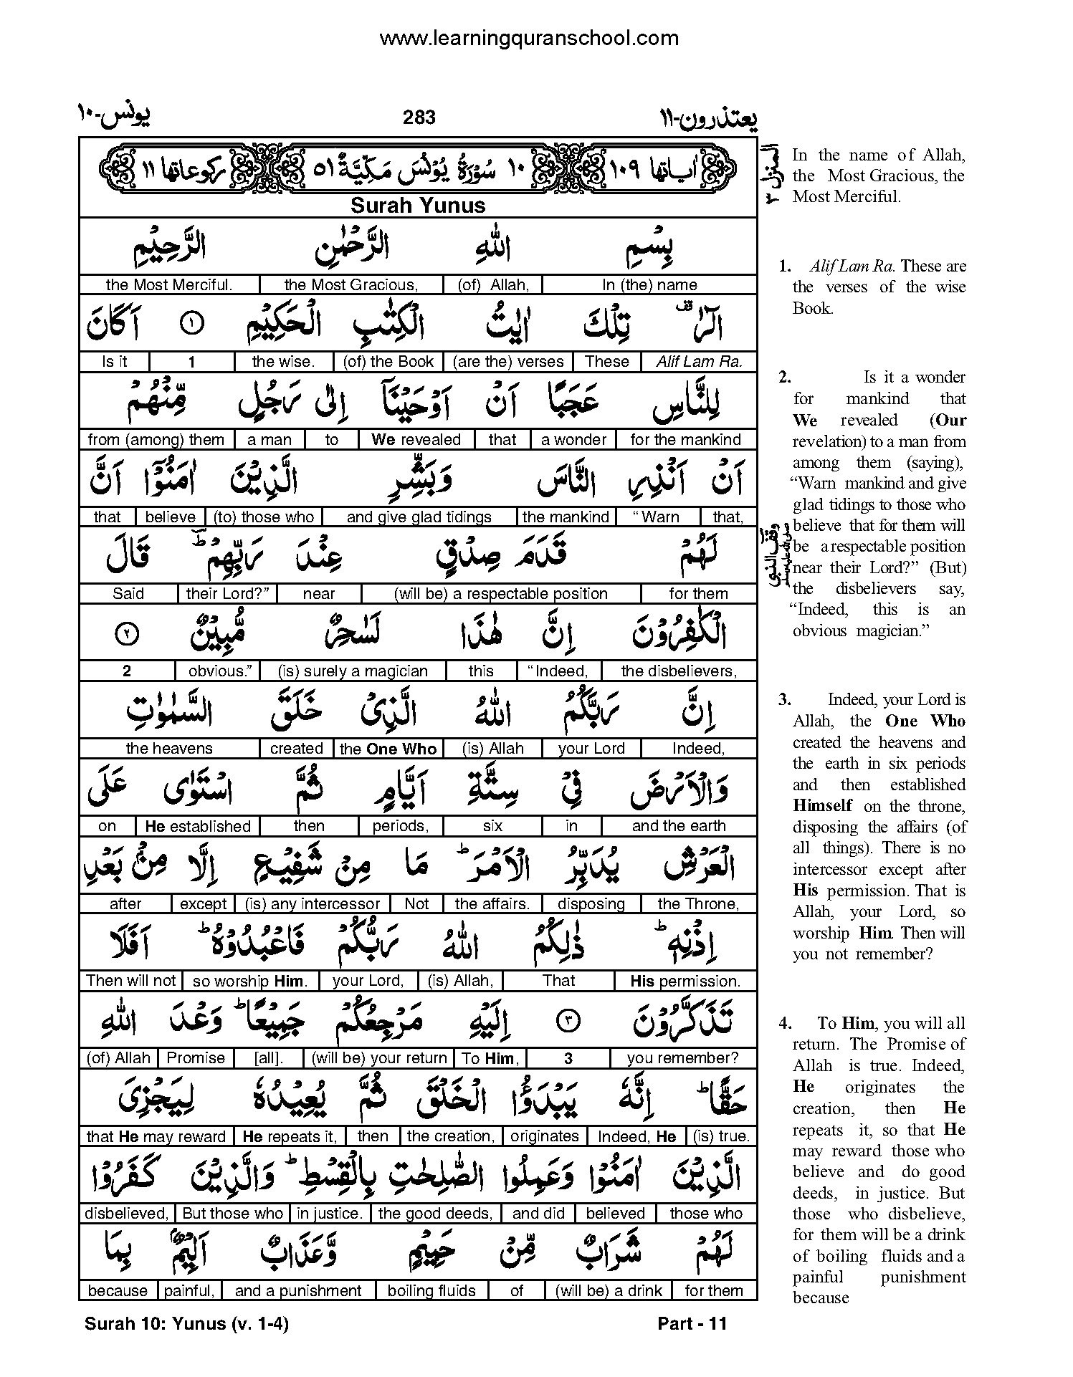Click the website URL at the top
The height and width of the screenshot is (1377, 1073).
click(x=528, y=39)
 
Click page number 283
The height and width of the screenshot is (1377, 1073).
click(x=419, y=117)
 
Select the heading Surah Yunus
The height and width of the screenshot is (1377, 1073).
click(x=418, y=206)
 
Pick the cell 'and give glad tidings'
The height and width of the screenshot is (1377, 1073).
click(x=419, y=517)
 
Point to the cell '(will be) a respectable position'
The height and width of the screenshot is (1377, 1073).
click(x=500, y=594)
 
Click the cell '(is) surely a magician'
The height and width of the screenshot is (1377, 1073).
click(x=353, y=671)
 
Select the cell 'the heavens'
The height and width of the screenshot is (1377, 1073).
click(x=169, y=749)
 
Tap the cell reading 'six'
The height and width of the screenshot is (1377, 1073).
click(x=492, y=826)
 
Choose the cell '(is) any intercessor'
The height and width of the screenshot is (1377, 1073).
click(x=312, y=904)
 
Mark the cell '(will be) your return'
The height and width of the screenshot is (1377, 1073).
click(x=379, y=1058)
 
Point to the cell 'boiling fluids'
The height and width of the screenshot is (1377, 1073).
click(x=431, y=1291)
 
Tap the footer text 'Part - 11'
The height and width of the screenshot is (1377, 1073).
click(x=692, y=1324)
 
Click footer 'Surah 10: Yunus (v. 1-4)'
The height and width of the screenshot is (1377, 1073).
click(x=186, y=1324)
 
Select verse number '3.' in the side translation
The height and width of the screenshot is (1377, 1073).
click(x=785, y=700)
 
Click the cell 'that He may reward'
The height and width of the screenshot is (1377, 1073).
click(x=156, y=1136)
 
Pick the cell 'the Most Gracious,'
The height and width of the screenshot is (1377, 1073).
click(x=350, y=285)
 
